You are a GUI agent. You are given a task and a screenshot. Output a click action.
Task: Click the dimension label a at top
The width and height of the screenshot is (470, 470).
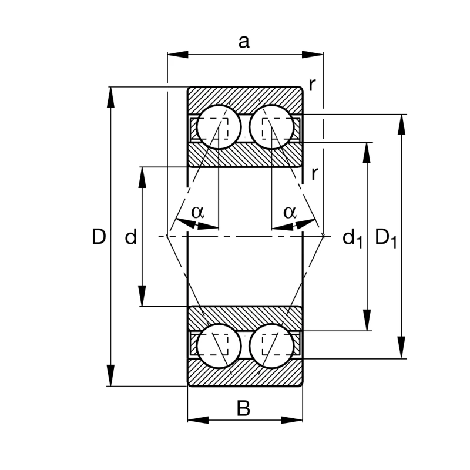point(244,41)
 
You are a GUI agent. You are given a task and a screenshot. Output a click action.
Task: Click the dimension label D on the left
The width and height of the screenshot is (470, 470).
point(99,237)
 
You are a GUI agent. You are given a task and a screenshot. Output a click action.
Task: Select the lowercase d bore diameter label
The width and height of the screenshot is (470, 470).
point(130,237)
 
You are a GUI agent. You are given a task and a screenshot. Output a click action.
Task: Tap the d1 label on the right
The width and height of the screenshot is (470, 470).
point(352,238)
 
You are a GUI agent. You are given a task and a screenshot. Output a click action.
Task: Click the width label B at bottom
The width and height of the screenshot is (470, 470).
point(243,408)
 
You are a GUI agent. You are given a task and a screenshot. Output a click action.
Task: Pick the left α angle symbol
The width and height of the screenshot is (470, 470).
point(197,211)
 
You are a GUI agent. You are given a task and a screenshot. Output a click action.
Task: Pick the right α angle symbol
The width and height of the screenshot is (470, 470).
point(290,211)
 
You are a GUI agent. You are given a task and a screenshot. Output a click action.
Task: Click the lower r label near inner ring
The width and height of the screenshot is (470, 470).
point(315,173)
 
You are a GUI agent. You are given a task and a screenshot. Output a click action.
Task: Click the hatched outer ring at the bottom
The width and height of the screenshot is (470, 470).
point(245,376)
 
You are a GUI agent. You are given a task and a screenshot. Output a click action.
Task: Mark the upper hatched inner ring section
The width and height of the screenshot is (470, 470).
point(245,155)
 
